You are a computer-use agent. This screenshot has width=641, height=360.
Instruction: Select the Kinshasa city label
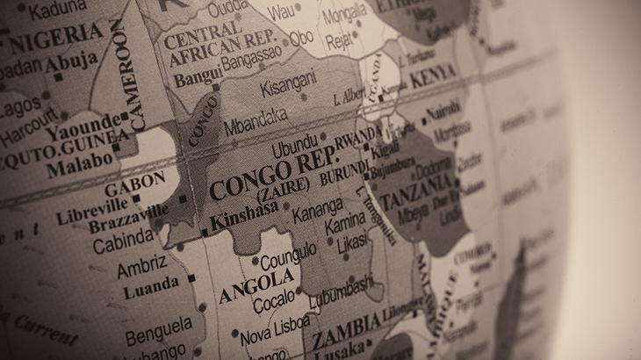(245, 209)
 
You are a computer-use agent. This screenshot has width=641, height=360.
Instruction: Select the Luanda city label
(149, 286)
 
